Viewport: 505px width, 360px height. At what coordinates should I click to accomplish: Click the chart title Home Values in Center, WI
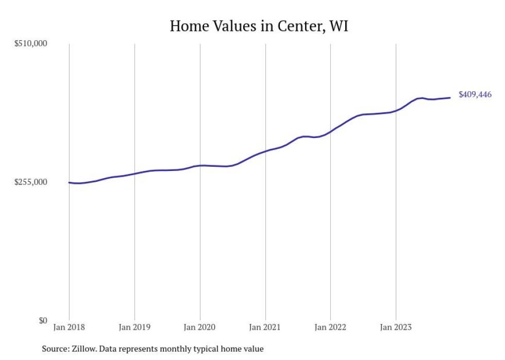[259, 26]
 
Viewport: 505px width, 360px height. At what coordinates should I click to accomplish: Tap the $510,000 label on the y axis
[30, 44]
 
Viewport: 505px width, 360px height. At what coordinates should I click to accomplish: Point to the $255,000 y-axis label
[30, 182]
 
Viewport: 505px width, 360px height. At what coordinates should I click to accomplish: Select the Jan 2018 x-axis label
[69, 327]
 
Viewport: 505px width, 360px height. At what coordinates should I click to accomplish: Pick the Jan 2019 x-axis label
[134, 327]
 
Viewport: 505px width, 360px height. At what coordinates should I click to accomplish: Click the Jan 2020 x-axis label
[200, 327]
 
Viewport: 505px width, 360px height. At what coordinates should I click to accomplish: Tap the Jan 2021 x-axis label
[265, 327]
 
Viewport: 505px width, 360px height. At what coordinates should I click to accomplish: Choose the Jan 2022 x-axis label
[330, 327]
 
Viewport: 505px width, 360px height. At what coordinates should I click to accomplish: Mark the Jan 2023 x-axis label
[396, 327]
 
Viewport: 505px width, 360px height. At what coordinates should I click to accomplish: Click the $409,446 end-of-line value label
[475, 95]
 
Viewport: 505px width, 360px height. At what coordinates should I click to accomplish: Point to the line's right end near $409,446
[450, 97]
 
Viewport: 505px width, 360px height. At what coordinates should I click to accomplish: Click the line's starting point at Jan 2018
[70, 182]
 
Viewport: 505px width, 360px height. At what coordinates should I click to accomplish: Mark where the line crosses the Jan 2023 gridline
[396, 111]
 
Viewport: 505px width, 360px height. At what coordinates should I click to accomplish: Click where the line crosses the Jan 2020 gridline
[200, 165]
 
